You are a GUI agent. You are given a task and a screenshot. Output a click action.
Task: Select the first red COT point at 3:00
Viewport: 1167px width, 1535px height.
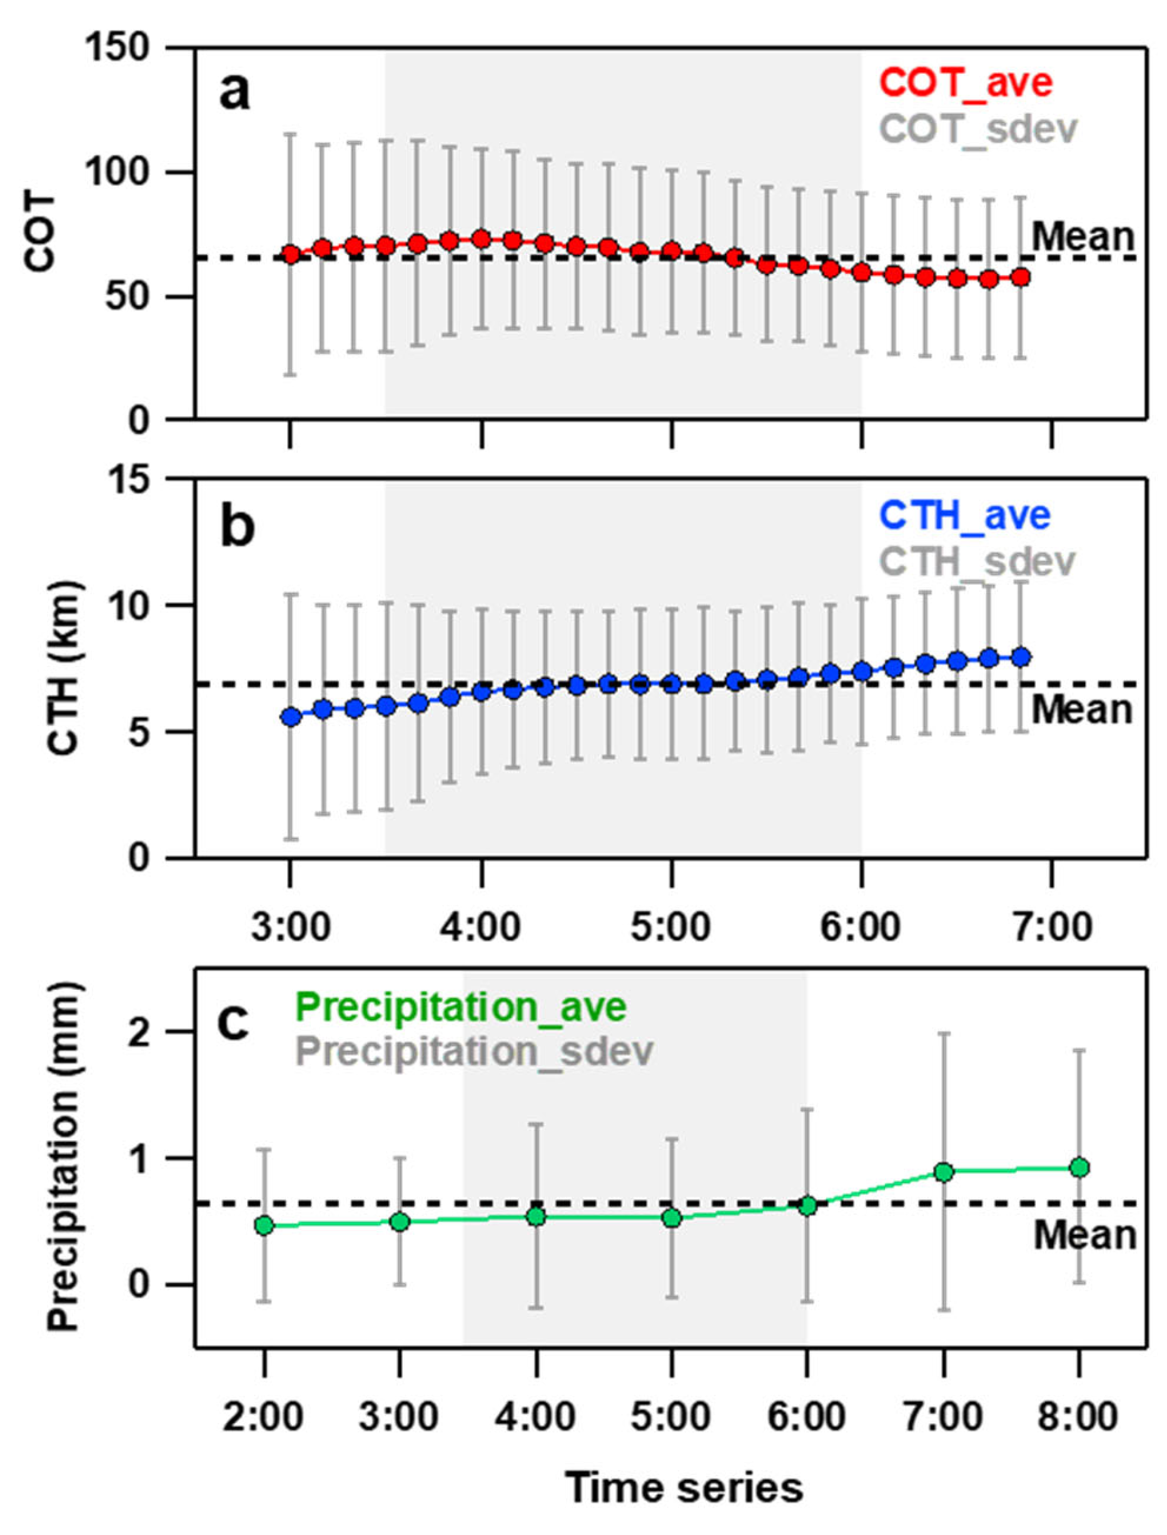point(291,254)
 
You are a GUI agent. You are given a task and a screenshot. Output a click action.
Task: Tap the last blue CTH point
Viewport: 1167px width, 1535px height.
point(1021,657)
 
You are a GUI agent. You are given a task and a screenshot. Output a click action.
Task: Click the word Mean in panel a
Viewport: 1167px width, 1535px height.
point(1082,238)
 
